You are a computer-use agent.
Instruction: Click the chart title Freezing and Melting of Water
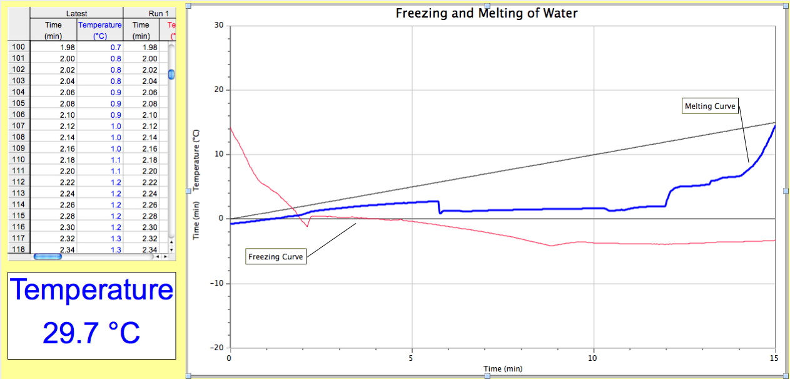487,13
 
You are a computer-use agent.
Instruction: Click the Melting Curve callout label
710,106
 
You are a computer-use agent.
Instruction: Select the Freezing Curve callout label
275,257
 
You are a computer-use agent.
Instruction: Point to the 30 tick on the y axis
219,25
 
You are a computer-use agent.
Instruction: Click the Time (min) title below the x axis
503,369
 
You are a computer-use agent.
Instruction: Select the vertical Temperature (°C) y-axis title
196,160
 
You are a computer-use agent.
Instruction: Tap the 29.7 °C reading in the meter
91,333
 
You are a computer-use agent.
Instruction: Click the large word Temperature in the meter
91,290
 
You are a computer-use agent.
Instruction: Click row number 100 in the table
19,47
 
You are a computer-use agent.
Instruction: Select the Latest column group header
76,13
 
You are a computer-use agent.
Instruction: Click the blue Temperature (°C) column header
99,30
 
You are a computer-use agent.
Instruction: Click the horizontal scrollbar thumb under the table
48,256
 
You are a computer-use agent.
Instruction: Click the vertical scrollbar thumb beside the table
172,75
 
